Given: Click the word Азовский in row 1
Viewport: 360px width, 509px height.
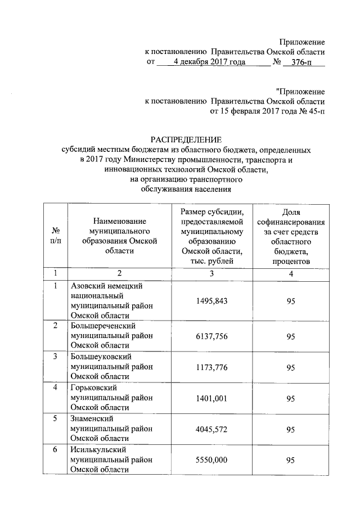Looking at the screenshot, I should point(90,286).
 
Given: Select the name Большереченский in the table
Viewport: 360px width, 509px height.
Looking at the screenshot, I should point(103,326).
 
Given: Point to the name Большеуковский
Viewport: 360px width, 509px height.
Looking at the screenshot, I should point(101,357).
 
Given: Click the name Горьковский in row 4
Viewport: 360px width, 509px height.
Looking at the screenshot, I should point(93,388).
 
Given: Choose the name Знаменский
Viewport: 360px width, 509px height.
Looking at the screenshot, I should point(92,418).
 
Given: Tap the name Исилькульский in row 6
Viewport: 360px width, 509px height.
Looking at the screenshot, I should point(98,449).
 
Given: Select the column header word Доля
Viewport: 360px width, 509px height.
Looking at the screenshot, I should point(290,212).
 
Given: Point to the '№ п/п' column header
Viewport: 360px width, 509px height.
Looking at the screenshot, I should point(56,236).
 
